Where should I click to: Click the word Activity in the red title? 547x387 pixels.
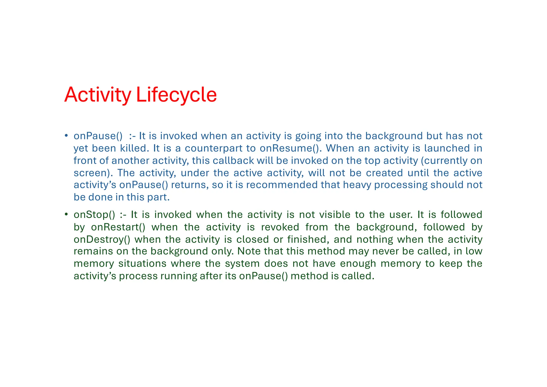coord(98,95)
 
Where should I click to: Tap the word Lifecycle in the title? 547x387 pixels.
coord(176,95)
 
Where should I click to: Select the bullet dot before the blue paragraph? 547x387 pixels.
coord(66,136)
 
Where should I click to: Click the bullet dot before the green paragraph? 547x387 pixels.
coord(66,214)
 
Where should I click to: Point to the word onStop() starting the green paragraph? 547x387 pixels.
coord(94,215)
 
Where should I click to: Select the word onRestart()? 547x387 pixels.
coord(118,227)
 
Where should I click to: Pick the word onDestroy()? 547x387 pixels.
coord(102,239)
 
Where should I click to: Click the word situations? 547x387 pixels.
coord(142,264)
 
